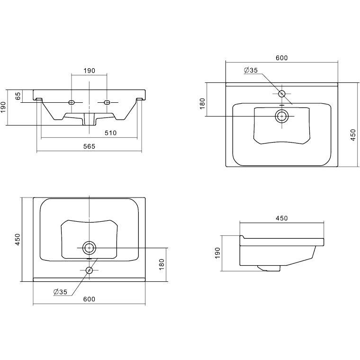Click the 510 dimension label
[110, 133]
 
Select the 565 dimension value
[89, 146]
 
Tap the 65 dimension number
[18, 96]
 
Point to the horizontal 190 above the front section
[89, 71]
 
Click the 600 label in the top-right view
[282, 58]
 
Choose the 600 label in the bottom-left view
[89, 299]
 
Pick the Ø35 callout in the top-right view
[251, 70]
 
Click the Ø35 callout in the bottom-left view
[60, 292]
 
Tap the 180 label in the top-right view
[202, 104]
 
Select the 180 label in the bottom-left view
[162, 264]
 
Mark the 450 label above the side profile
[282, 218]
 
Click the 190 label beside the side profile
[217, 253]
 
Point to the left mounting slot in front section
[72, 102]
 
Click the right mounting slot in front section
[107, 102]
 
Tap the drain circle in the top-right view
[282, 116]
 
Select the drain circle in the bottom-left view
[89, 248]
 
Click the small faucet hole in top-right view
[282, 94]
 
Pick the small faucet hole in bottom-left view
[89, 270]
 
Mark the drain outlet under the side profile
[269, 268]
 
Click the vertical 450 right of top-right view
[353, 135]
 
